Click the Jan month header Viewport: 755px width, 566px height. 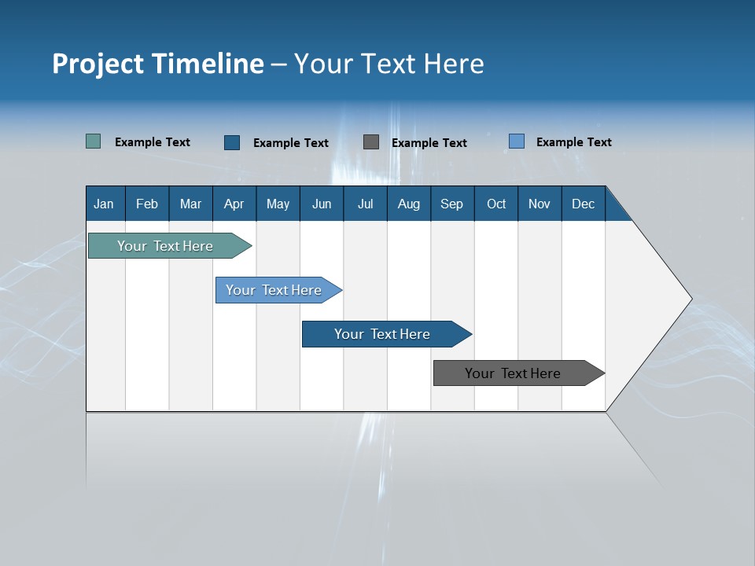(x=105, y=204)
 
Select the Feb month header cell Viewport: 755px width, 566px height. (x=147, y=204)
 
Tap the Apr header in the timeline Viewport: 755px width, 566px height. (x=234, y=204)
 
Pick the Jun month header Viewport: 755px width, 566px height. (x=322, y=204)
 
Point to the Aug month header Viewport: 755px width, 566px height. (x=409, y=204)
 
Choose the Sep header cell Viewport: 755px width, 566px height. (x=452, y=204)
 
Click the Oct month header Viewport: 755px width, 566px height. (x=496, y=204)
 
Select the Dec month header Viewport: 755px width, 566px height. (x=584, y=204)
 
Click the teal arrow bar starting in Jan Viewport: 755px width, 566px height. (x=166, y=246)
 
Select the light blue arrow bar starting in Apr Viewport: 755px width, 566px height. (x=274, y=290)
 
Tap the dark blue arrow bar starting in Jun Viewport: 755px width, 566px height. (x=382, y=334)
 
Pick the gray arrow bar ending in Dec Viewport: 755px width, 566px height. (x=514, y=373)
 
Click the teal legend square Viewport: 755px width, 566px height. (x=94, y=141)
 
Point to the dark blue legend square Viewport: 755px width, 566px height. (x=232, y=142)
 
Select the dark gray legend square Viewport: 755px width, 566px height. (x=371, y=141)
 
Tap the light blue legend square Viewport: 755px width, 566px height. (x=517, y=141)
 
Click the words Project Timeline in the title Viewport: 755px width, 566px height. (x=158, y=64)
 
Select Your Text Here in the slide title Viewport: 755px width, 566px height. (x=389, y=64)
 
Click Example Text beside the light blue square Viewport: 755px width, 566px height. (x=573, y=142)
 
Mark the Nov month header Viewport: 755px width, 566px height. (x=540, y=204)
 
